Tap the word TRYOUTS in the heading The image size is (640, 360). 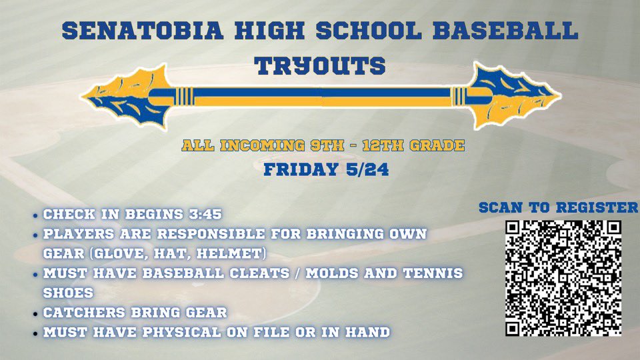click(x=321, y=65)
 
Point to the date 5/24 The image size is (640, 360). click(x=366, y=169)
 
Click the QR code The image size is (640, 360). click(x=563, y=277)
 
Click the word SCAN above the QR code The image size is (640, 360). click(x=500, y=207)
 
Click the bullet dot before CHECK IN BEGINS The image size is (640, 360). click(x=35, y=216)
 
